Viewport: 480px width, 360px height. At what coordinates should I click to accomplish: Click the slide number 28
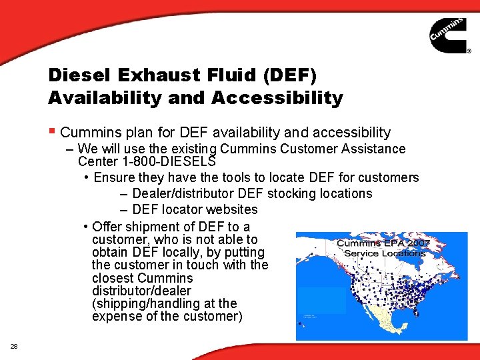14,345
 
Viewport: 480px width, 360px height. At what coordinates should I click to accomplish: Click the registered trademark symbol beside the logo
468,51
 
